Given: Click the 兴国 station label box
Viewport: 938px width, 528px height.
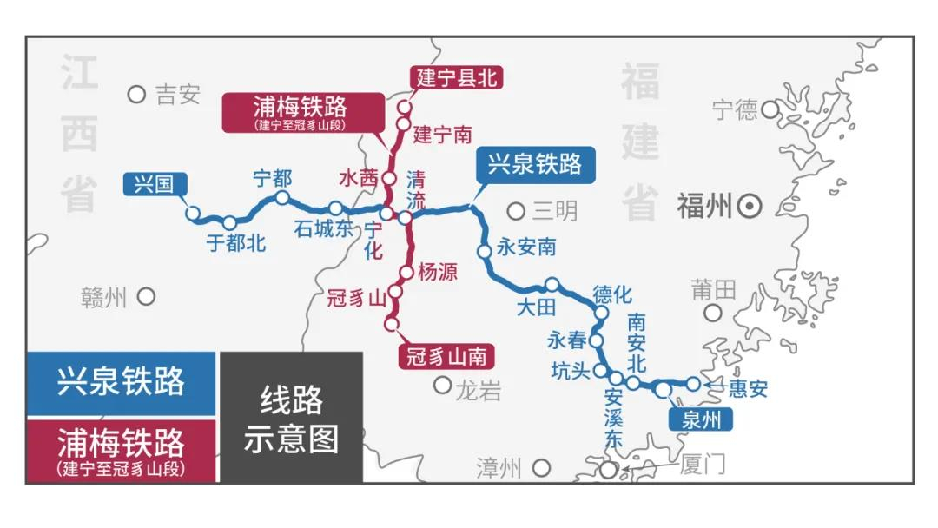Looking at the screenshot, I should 154,184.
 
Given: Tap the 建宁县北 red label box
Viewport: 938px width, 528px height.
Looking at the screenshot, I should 456,76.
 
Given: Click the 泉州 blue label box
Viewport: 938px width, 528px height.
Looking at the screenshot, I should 702,420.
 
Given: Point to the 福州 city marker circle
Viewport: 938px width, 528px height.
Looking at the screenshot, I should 750,207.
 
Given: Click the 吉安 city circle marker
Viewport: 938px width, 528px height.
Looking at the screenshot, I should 136,95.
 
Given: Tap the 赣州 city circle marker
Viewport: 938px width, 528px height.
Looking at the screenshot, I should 146,297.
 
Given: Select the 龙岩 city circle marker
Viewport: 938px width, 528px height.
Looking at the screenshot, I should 443,385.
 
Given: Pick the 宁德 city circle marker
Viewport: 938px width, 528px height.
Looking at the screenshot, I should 770,109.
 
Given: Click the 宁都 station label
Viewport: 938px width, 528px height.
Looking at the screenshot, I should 272,179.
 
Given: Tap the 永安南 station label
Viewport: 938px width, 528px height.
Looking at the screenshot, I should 526,247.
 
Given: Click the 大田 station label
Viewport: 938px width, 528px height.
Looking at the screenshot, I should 535,307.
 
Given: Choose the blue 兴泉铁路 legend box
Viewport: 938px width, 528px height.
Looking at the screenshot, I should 121,383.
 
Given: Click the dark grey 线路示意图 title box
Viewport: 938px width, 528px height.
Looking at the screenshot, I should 291,418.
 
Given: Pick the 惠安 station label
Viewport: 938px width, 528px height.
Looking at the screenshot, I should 748,388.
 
